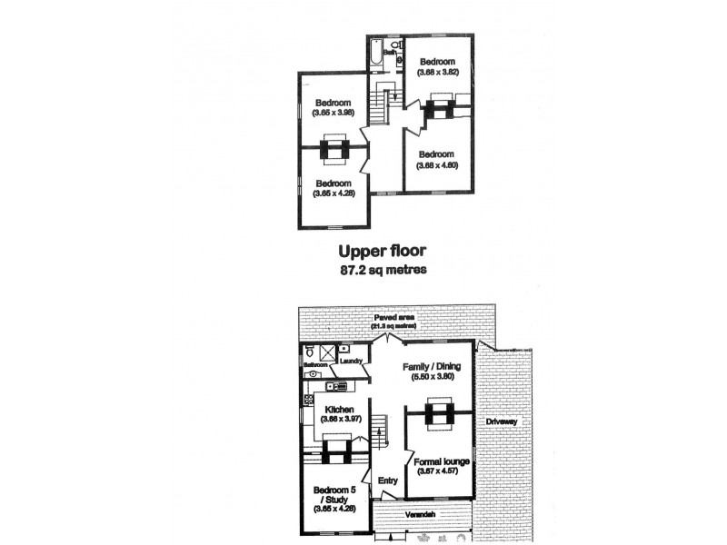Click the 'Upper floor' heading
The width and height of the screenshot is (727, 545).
point(383,252)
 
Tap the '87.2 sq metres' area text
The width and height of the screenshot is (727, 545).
point(383,270)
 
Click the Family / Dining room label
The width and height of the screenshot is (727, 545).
point(433,372)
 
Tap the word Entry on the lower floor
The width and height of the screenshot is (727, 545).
point(385,481)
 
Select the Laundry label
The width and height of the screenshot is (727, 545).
point(351,362)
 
